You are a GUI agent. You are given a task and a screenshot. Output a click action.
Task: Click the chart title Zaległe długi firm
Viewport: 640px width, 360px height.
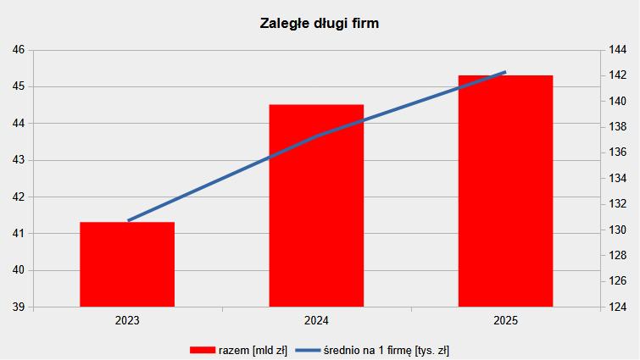pos(319,24)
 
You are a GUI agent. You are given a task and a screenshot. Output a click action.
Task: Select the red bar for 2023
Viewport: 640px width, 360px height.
pos(127,263)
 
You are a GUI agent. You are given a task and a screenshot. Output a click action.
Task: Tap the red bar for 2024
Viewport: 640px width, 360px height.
pos(316,205)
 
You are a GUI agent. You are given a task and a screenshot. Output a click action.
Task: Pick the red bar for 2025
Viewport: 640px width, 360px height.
pos(505,191)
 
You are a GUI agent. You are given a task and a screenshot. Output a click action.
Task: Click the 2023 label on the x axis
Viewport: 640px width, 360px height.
pos(127,321)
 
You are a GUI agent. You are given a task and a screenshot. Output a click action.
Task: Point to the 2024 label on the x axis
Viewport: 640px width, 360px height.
pos(316,321)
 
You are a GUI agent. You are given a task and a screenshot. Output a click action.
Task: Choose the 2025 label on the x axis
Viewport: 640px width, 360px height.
pos(505,321)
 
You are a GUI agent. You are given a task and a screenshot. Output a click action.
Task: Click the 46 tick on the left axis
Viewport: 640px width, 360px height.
pos(19,50)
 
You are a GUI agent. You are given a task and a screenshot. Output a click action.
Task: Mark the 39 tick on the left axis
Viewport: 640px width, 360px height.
pos(19,307)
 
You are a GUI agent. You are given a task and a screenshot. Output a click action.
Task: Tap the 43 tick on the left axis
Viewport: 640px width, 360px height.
pos(19,160)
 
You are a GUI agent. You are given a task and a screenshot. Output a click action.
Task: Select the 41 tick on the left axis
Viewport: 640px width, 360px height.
pos(19,234)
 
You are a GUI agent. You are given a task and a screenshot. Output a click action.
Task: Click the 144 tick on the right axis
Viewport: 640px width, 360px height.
pos(618,50)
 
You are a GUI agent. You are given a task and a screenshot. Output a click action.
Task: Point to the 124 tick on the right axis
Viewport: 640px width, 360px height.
pos(618,307)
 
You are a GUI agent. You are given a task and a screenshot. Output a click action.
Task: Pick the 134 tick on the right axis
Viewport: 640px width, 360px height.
pos(618,179)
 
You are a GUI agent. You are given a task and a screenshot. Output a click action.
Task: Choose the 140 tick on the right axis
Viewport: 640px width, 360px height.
pos(618,102)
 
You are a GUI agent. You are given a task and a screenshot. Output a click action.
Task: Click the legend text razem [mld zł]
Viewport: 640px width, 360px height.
pos(253,350)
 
